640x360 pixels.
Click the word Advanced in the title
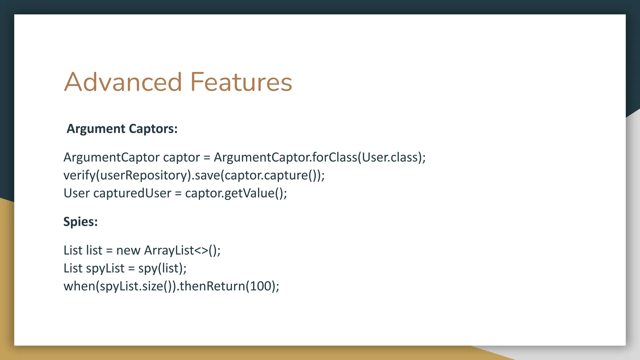[x=123, y=82]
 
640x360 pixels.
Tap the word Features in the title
[x=241, y=82]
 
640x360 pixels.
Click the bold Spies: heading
[x=81, y=222]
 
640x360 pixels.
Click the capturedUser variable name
[x=132, y=193]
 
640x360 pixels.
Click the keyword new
[x=128, y=250]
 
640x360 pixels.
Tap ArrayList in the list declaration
[x=169, y=250]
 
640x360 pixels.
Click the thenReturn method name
[x=212, y=286]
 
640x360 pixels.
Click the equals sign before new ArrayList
[x=109, y=250]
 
